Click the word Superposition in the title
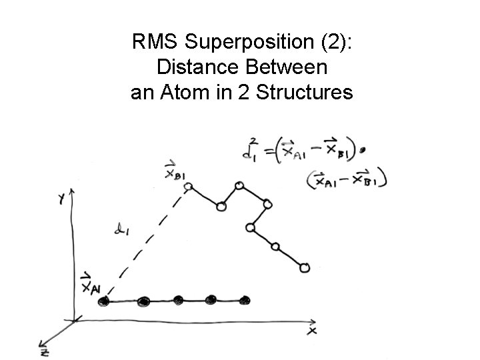247,43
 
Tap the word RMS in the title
156,43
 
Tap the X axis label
312,329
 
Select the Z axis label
43,351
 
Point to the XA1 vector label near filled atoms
89,285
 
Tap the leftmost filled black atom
103,302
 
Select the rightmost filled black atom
245,300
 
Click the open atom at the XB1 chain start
188,186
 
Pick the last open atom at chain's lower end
305,268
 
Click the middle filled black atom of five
178,300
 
